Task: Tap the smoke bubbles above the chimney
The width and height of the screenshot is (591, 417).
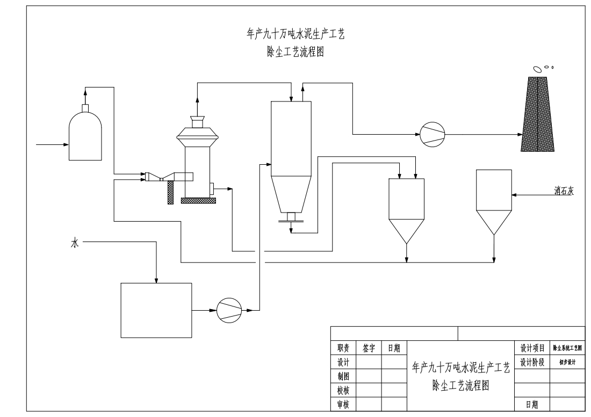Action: click(541, 68)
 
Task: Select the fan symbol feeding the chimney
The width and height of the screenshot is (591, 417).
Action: click(432, 134)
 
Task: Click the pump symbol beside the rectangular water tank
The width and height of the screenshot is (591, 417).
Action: click(229, 310)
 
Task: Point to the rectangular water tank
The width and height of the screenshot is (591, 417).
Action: click(156, 310)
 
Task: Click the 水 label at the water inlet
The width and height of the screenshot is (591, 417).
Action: click(75, 243)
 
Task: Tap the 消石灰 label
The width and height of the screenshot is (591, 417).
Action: click(564, 190)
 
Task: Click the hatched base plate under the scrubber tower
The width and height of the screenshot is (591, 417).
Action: click(198, 201)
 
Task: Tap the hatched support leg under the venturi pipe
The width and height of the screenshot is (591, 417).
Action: click(171, 192)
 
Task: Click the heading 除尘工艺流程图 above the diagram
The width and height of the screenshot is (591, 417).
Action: click(295, 53)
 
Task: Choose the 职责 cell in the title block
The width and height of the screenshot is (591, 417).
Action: click(343, 348)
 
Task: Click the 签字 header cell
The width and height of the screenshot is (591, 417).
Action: click(369, 348)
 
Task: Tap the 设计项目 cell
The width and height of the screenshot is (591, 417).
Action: click(532, 348)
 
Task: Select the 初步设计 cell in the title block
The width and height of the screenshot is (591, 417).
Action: click(567, 362)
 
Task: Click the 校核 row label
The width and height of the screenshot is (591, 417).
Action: click(343, 391)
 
